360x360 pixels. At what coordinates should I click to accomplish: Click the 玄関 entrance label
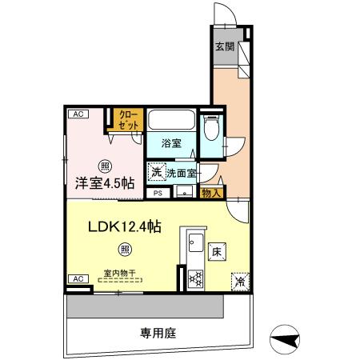pyautogui.click(x=224, y=46)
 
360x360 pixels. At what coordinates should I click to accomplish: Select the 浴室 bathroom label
pyautogui.click(x=171, y=144)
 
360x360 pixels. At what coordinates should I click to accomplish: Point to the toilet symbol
pyautogui.click(x=211, y=130)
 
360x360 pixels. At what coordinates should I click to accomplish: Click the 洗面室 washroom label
pyautogui.click(x=182, y=171)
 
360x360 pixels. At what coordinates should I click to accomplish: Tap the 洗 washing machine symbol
pyautogui.click(x=156, y=171)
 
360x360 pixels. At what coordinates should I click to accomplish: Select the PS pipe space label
pyautogui.click(x=158, y=193)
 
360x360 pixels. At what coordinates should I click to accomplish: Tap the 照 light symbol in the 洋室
pyautogui.click(x=105, y=166)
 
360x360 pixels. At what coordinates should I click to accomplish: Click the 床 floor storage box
pyautogui.click(x=216, y=252)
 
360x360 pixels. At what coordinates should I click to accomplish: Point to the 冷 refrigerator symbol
pyautogui.click(x=238, y=282)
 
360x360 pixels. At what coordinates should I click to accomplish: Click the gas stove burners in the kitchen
pyautogui.click(x=194, y=278)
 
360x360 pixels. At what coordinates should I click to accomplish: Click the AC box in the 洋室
pyautogui.click(x=78, y=114)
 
